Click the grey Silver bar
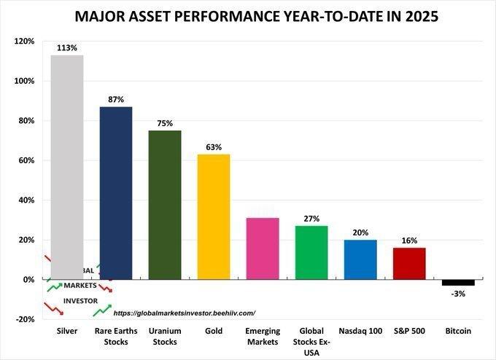point(66,167)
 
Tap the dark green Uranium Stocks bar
point(164,205)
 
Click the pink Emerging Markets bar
point(263,249)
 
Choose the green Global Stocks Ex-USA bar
point(311,252)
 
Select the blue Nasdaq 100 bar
point(360,259)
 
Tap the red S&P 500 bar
point(409,263)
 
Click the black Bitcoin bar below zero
point(458,282)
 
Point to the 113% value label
point(66,49)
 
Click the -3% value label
point(458,293)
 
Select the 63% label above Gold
point(214,148)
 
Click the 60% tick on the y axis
point(26,160)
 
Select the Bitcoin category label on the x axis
point(458,331)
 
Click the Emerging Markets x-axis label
point(263,335)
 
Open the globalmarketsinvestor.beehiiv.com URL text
point(185,313)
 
